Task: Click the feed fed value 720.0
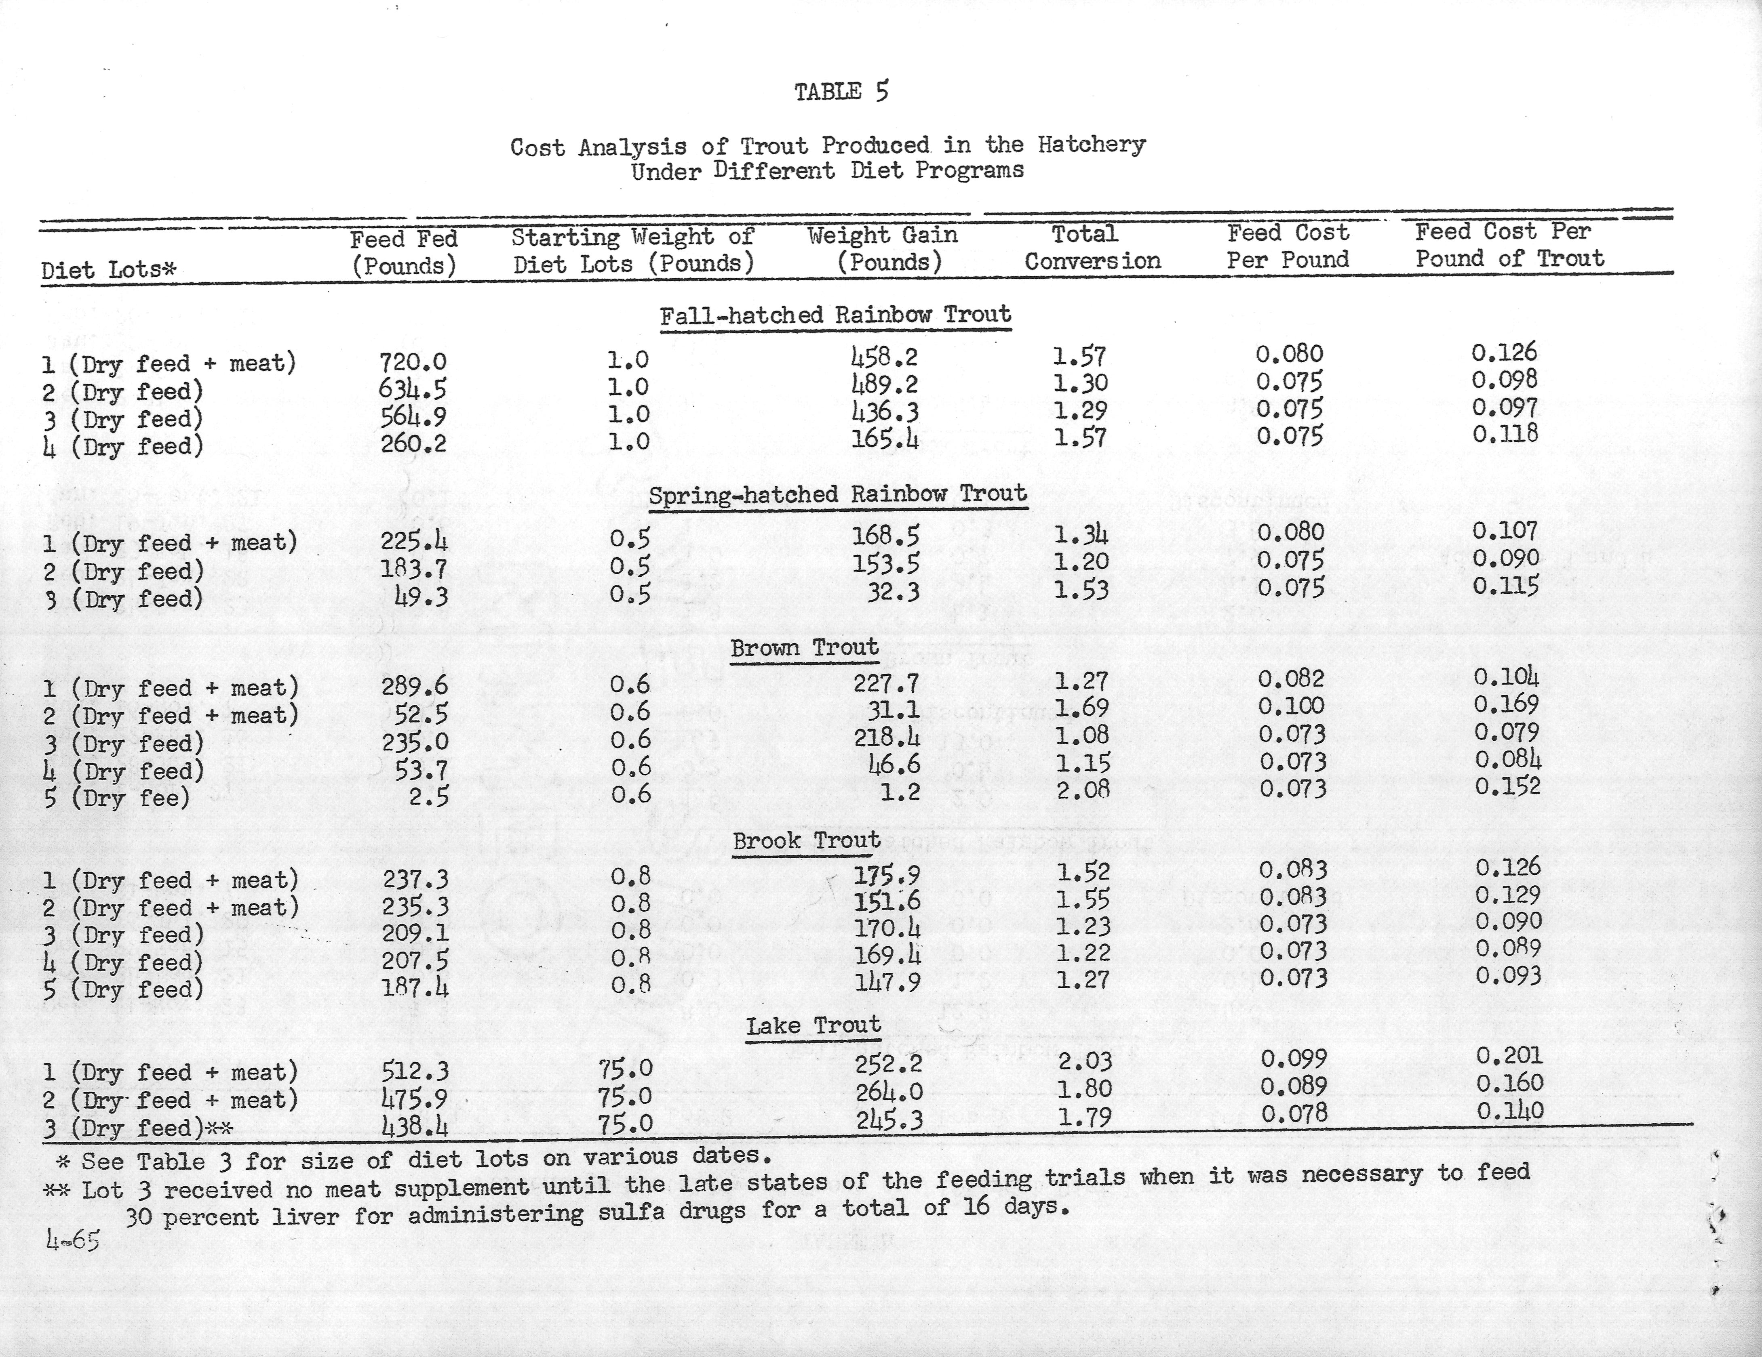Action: tap(413, 363)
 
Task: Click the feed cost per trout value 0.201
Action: tap(1509, 1055)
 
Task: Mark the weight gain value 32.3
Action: tap(893, 592)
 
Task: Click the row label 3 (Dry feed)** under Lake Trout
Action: tap(137, 1127)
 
